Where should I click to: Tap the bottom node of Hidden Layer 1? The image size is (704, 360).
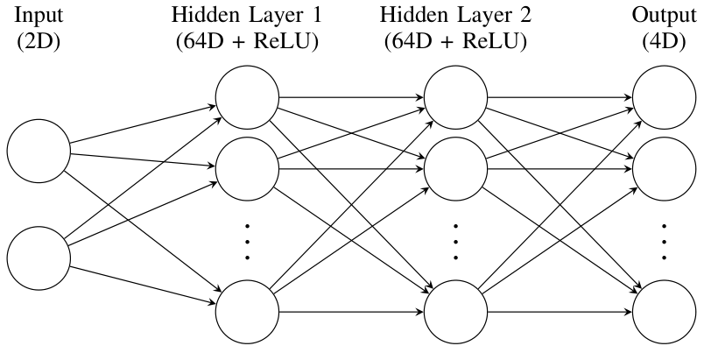click(x=246, y=310)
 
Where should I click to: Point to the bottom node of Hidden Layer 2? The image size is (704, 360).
click(x=455, y=310)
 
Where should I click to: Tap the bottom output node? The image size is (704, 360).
click(x=664, y=310)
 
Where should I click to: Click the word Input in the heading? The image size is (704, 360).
click(x=38, y=17)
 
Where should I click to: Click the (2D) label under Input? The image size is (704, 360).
click(x=38, y=42)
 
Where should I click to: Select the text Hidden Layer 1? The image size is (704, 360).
click(x=246, y=17)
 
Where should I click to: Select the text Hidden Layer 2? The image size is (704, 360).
click(x=455, y=17)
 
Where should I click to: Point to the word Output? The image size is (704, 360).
click(x=664, y=17)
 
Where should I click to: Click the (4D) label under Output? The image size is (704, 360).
click(x=664, y=42)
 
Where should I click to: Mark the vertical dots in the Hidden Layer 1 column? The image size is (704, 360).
click(x=247, y=239)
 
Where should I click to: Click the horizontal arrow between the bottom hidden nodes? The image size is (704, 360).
click(x=350, y=310)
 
